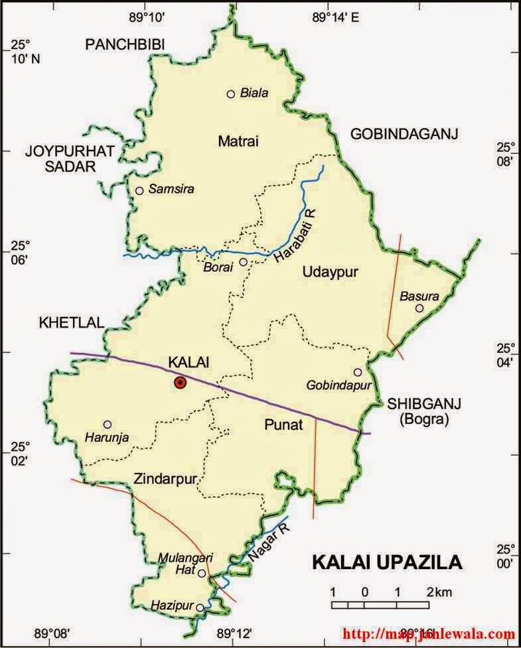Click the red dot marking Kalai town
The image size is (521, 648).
click(x=180, y=382)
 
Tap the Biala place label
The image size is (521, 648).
click(x=255, y=94)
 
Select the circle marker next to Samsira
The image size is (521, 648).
click(x=139, y=191)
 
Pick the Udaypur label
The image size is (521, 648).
click(x=325, y=272)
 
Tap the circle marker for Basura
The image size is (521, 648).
click(x=419, y=308)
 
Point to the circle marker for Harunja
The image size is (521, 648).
click(x=108, y=424)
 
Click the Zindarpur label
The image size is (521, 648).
click(x=165, y=478)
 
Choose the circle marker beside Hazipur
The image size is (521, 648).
click(x=200, y=607)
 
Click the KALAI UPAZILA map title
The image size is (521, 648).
click(x=387, y=562)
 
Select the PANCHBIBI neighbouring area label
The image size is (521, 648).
click(x=125, y=44)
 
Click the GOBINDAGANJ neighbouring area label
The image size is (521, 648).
click(x=405, y=135)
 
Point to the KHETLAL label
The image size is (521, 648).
click(x=72, y=323)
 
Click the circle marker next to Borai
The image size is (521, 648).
click(x=244, y=262)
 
